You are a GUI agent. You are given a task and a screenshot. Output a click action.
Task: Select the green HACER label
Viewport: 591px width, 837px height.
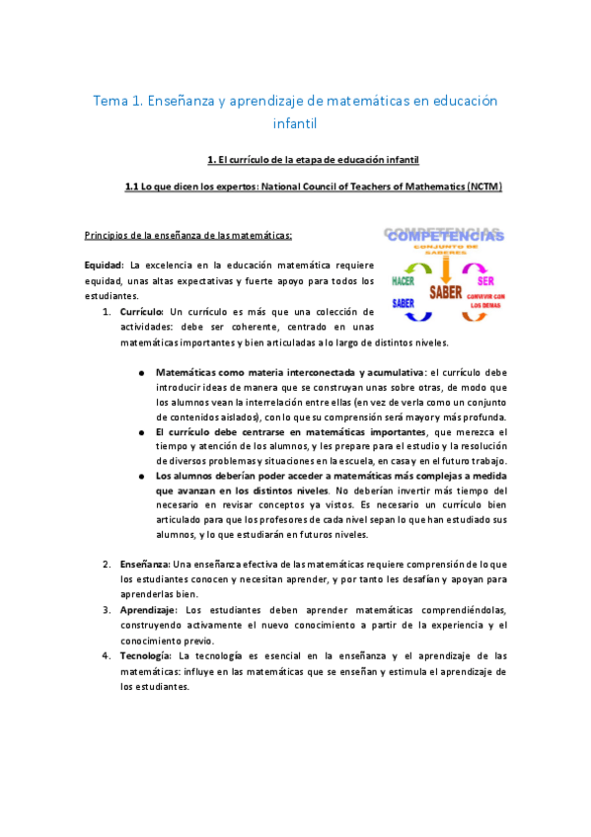[404, 282]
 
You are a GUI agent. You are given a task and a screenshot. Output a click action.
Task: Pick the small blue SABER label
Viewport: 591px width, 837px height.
[404, 303]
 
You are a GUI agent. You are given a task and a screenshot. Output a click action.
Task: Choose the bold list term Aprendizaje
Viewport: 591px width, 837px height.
[148, 609]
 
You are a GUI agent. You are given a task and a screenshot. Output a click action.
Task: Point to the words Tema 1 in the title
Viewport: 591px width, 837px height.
[116, 102]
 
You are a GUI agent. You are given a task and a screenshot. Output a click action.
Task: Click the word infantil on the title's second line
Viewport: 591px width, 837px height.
[294, 124]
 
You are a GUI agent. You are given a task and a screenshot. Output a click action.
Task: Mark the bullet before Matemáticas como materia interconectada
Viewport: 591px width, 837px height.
[143, 373]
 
